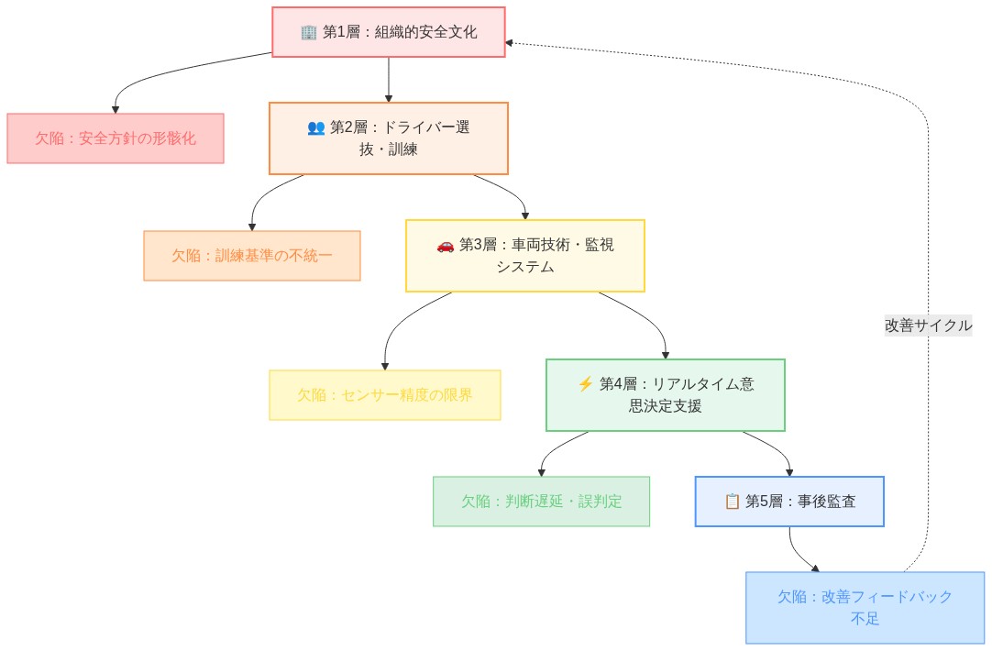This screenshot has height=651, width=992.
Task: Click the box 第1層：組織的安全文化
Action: point(389,32)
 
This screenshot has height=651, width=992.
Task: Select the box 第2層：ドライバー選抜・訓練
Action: point(389,138)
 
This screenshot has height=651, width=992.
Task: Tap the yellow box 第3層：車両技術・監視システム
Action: point(525,256)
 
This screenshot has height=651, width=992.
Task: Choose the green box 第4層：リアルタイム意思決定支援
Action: point(666,395)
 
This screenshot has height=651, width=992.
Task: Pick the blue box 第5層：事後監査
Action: point(789,502)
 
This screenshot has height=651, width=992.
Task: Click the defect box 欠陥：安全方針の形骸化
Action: point(116,138)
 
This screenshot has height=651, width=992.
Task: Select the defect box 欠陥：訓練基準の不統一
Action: point(252,256)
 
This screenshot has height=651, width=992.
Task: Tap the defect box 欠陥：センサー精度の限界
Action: point(385,395)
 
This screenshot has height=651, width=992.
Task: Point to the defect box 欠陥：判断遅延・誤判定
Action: point(541,502)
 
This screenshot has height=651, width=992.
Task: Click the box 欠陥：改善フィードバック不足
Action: point(865,608)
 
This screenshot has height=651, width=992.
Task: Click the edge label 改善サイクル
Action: point(928,325)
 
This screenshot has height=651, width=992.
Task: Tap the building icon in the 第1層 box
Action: point(309,32)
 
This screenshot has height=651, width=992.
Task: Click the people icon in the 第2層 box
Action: point(316,128)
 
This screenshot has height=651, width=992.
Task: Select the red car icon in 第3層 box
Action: point(446,246)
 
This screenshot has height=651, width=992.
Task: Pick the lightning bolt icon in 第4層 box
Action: point(586,385)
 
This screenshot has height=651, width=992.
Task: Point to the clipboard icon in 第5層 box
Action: point(732,502)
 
